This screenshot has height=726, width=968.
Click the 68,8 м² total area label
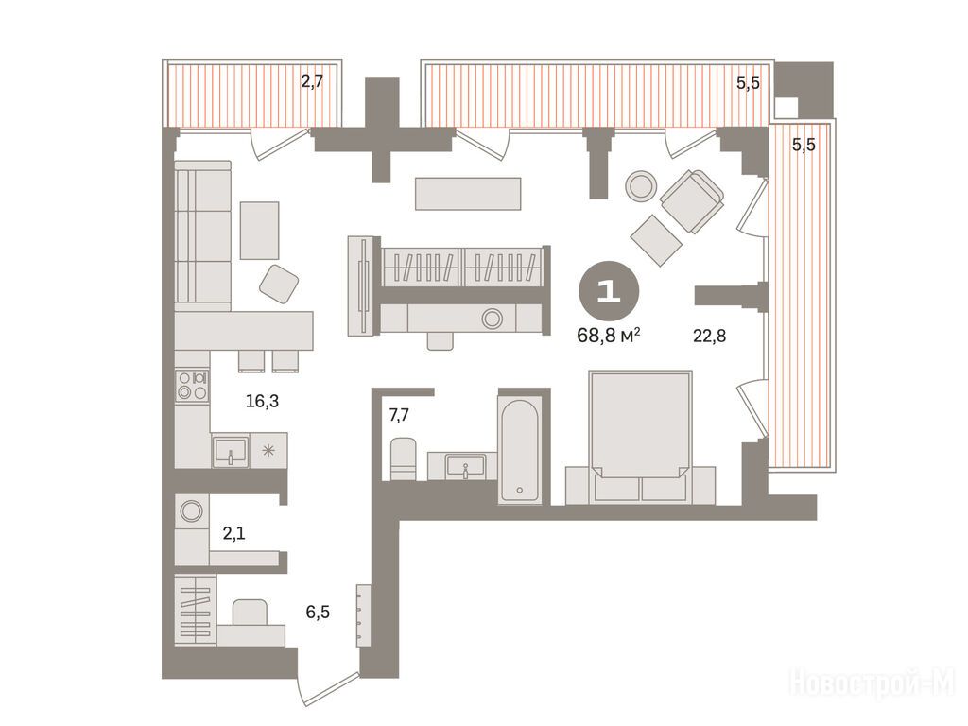click(x=608, y=336)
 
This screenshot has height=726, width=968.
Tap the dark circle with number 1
click(x=609, y=291)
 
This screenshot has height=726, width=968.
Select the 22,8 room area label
click(x=709, y=336)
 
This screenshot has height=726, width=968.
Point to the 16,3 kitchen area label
click(x=263, y=401)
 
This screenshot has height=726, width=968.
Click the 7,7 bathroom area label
click(x=399, y=415)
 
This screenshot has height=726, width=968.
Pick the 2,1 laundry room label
click(x=234, y=533)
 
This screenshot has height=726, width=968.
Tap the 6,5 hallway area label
click(x=318, y=612)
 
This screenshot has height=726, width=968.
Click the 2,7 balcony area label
click(x=312, y=81)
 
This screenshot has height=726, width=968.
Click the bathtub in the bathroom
click(x=520, y=451)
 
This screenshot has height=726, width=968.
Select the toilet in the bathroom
click(x=404, y=458)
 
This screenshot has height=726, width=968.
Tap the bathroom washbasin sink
click(x=465, y=465)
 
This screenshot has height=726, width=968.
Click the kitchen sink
click(x=231, y=451)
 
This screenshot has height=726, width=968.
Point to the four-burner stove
click(x=192, y=386)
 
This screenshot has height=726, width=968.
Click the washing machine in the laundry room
click(x=191, y=511)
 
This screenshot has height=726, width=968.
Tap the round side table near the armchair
click(x=641, y=184)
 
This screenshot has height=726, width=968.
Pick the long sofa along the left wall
click(x=202, y=235)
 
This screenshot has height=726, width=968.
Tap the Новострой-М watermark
click(x=872, y=683)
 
